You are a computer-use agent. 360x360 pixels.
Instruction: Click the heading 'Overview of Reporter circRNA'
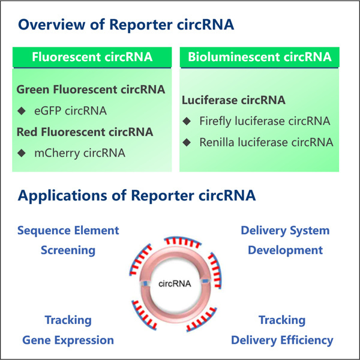(x=126, y=25)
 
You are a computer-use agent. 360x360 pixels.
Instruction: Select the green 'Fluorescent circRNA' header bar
(x=92, y=58)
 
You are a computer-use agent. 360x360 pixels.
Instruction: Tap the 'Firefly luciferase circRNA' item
(x=265, y=121)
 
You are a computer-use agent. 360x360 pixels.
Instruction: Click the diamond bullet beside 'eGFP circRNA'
(x=22, y=110)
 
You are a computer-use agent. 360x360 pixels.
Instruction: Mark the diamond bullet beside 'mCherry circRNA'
(x=22, y=152)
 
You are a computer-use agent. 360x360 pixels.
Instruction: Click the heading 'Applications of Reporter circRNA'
(x=137, y=195)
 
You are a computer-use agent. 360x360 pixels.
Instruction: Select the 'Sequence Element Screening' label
(x=68, y=240)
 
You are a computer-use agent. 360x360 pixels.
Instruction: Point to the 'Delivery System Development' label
(x=285, y=240)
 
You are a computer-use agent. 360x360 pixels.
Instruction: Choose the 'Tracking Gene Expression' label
(x=68, y=330)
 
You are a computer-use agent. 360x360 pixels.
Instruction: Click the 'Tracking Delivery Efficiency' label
(x=282, y=330)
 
